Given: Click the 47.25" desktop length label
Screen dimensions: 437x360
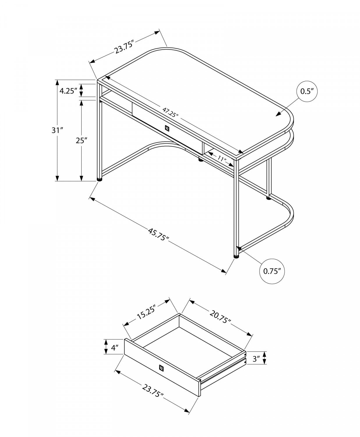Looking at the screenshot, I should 170,112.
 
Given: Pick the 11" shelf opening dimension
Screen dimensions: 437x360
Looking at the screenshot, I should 222,159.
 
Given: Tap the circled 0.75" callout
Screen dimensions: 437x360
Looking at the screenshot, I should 272,271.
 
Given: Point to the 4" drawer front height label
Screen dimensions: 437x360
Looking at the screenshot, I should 114,348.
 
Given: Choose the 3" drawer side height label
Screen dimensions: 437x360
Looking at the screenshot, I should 256,359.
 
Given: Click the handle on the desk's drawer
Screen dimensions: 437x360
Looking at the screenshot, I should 167,128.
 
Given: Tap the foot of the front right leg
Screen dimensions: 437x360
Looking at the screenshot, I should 236,257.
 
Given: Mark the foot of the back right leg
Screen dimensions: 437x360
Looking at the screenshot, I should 268,198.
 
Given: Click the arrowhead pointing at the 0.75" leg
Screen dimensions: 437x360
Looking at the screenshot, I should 239,249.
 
